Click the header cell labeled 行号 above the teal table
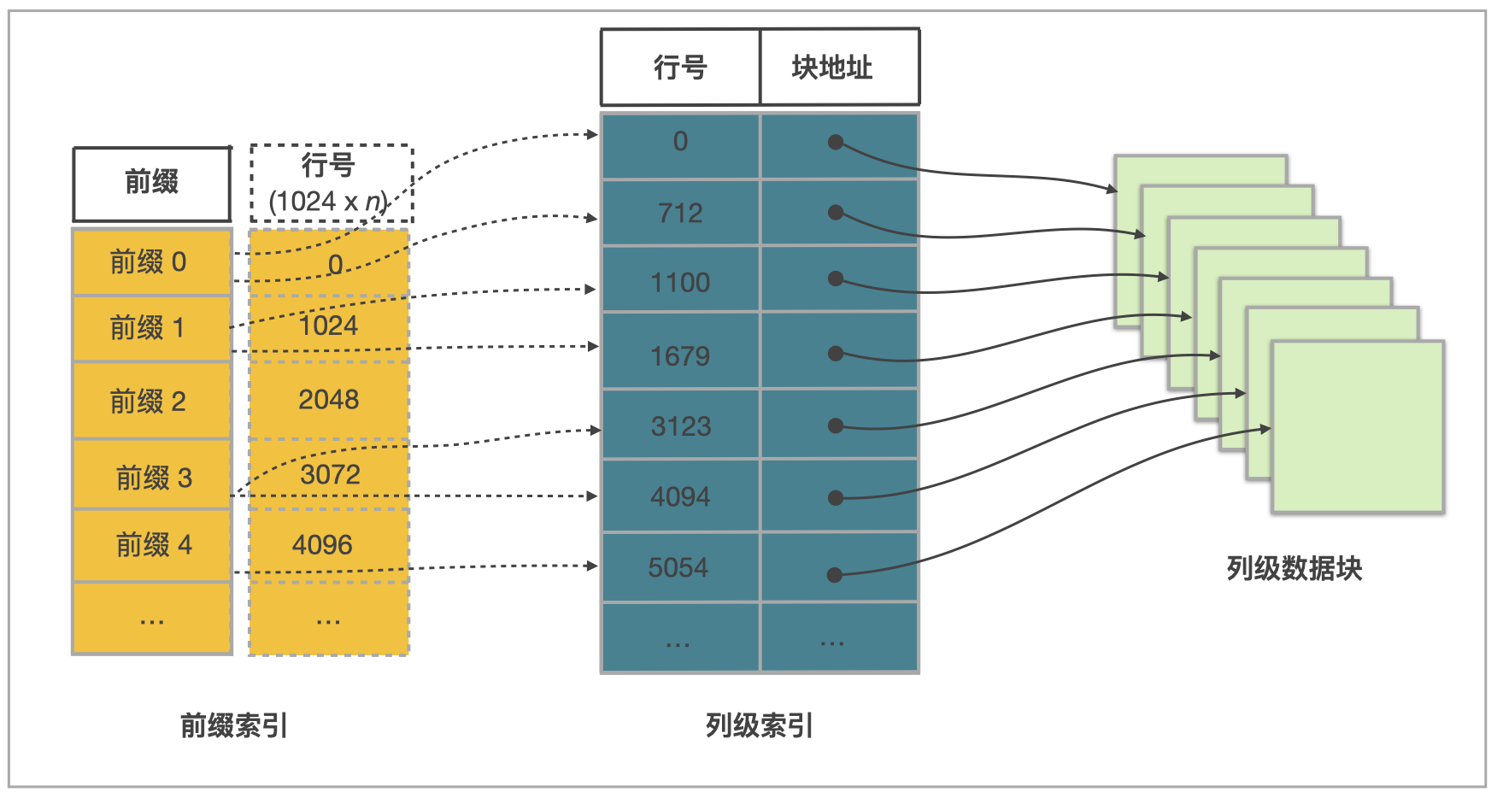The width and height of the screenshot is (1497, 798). [680, 67]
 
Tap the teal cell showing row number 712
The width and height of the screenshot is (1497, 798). [680, 213]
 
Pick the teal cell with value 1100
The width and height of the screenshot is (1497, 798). [680, 282]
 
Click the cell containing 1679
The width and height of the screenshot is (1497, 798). [680, 355]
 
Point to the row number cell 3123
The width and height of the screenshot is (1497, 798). [680, 425]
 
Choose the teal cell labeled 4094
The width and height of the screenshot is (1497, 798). [680, 496]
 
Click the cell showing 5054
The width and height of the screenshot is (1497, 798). [678, 567]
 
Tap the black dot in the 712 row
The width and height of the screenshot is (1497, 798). [836, 213]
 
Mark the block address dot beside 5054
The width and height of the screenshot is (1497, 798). [835, 575]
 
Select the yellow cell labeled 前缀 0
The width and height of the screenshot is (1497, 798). [151, 262]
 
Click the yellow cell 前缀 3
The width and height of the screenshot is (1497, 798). [154, 477]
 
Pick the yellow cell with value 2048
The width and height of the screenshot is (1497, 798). [328, 400]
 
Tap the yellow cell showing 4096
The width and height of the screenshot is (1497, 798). [323, 545]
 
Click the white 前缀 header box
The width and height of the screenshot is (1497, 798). [152, 183]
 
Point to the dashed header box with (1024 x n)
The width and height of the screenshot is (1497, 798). [331, 183]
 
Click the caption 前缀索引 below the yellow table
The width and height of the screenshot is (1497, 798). [234, 725]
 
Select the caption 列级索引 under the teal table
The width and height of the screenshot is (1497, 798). [759, 725]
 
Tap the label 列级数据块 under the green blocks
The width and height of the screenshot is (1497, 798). [1294, 568]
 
